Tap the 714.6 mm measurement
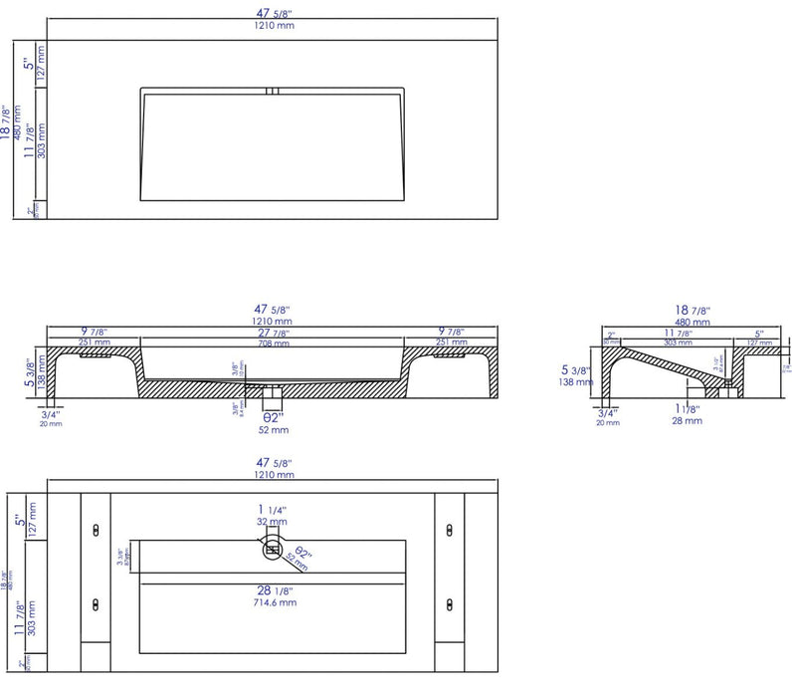click(274, 602)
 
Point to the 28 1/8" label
click(274, 588)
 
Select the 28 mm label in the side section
click(687, 420)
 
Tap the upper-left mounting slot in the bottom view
click(95, 527)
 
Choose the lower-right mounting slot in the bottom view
click(450, 602)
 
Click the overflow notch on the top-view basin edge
click(273, 92)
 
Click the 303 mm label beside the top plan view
click(41, 150)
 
